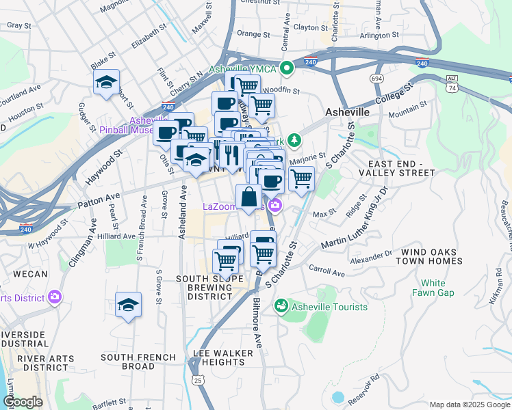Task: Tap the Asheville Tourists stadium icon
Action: click(x=281, y=307)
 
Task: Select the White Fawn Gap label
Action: click(x=433, y=288)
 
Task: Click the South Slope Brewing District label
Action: click(x=209, y=288)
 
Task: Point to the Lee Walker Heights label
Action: click(x=223, y=357)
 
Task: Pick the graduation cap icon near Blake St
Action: click(x=106, y=82)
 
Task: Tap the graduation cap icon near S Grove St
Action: click(x=128, y=305)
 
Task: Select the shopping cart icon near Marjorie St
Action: click(x=301, y=179)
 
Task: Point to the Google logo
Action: click(x=23, y=402)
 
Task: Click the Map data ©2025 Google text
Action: click(x=469, y=405)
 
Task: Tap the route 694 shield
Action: click(x=377, y=79)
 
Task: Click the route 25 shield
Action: click(x=197, y=379)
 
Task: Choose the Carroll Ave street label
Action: click(x=327, y=271)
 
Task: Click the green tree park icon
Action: click(x=294, y=140)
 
